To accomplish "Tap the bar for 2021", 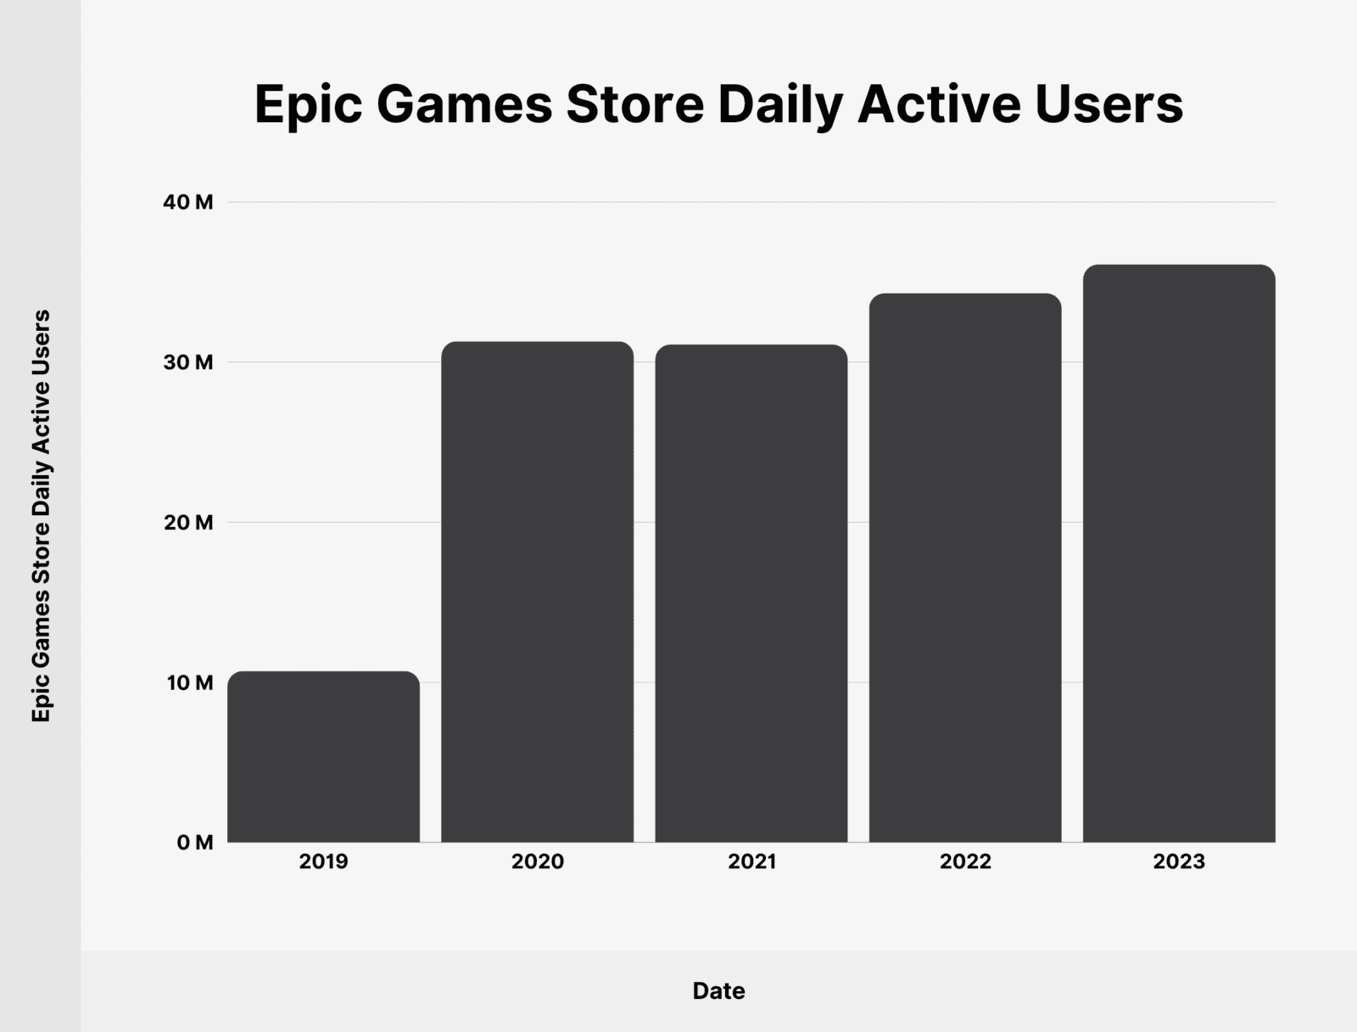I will point(751,593).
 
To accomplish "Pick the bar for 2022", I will point(965,568).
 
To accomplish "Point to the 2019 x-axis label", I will point(323,862).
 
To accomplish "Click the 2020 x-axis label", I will point(537,862).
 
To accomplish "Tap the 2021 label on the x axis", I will point(751,862).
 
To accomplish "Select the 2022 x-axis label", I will point(965,862).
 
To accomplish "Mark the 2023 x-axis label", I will point(1179,862).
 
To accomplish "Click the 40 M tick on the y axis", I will point(187,203).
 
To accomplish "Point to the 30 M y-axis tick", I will point(187,362).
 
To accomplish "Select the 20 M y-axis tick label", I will point(187,523).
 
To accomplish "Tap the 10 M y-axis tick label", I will point(189,682).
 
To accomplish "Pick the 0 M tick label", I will point(194,843).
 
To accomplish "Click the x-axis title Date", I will point(718,990).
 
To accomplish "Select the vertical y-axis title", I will point(41,516).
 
